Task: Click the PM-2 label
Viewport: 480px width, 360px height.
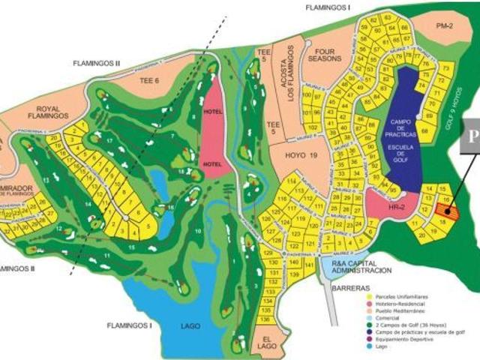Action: (445, 26)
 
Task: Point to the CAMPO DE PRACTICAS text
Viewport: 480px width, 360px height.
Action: (408, 127)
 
